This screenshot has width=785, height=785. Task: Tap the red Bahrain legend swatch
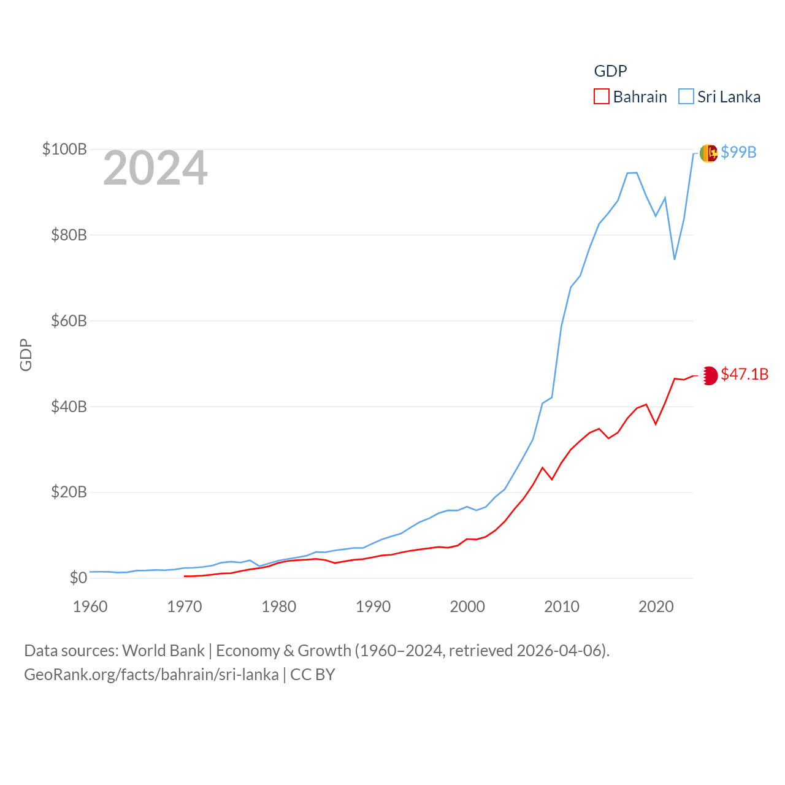click(x=602, y=97)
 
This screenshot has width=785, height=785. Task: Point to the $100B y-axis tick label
click(x=64, y=149)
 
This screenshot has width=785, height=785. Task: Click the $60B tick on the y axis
click(x=69, y=321)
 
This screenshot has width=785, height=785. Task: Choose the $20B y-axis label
click(x=69, y=492)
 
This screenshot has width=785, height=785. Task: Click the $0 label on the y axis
click(x=78, y=578)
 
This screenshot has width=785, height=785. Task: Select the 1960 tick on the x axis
click(x=90, y=607)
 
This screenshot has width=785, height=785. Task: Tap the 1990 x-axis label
click(x=373, y=607)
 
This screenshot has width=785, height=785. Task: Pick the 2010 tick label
click(x=562, y=607)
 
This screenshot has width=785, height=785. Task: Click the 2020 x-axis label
click(x=656, y=607)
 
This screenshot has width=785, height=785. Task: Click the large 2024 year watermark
click(x=155, y=168)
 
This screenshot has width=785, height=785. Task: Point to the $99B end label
click(x=738, y=152)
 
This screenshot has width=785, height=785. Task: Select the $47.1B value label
click(x=745, y=374)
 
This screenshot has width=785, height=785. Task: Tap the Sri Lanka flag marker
click(x=708, y=153)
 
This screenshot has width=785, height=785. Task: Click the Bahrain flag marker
click(x=709, y=375)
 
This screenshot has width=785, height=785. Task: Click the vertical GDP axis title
click(x=26, y=354)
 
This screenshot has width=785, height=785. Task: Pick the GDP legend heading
click(x=610, y=71)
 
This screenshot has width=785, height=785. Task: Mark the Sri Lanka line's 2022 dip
click(x=675, y=259)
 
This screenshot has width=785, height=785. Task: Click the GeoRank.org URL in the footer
click(x=151, y=675)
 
